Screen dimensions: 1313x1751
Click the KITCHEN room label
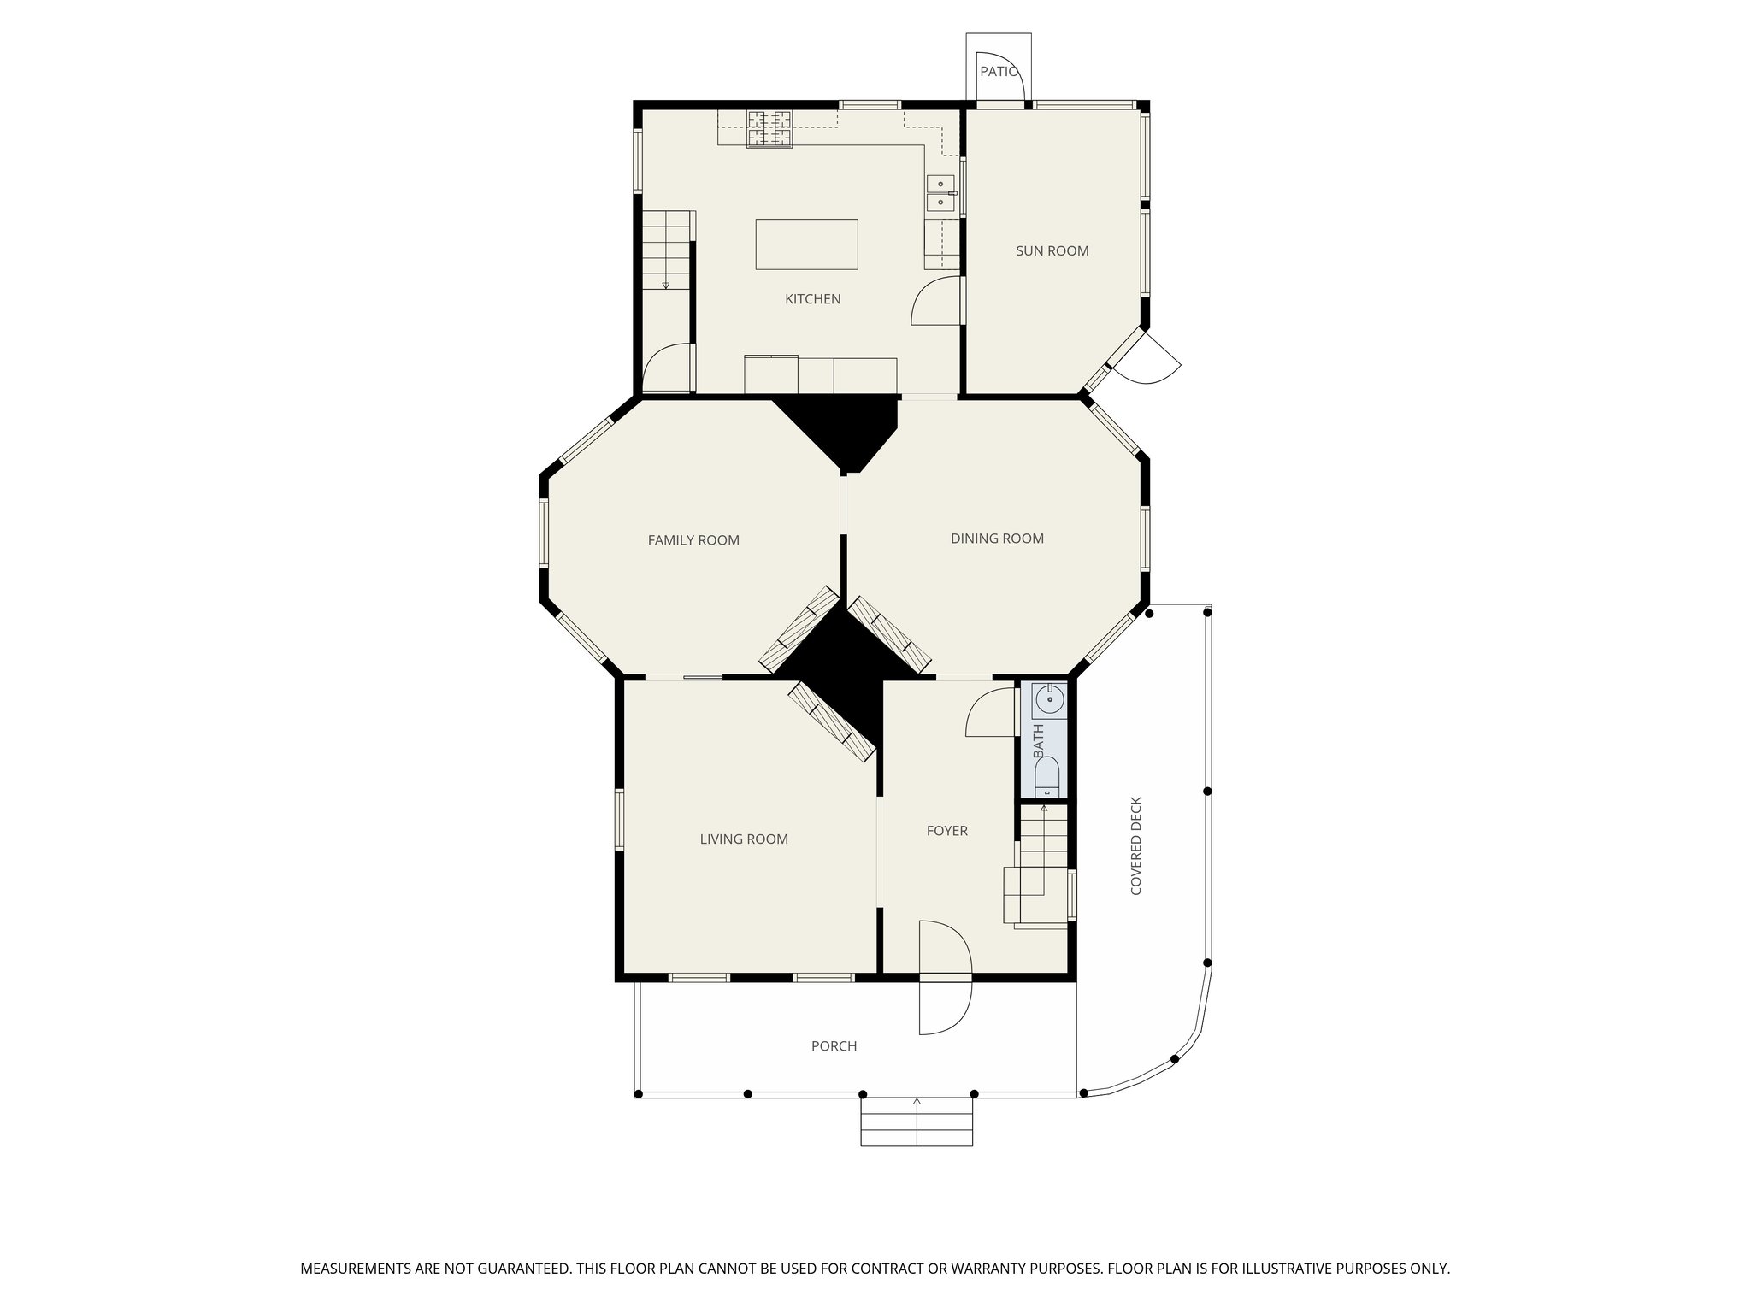pyautogui.click(x=812, y=299)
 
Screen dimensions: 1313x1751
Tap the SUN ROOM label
pyautogui.click(x=1052, y=250)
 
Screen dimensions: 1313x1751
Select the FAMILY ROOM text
pyautogui.click(x=693, y=540)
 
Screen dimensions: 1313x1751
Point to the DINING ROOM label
pyautogui.click(x=997, y=539)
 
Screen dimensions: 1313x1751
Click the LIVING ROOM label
pyautogui.click(x=744, y=839)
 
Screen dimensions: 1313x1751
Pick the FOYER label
pyautogui.click(x=947, y=831)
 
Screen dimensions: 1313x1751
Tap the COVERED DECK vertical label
pyautogui.click(x=1136, y=846)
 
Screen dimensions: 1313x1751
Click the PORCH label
pyautogui.click(x=834, y=1046)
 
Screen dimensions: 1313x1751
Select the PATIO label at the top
pyautogui.click(x=998, y=72)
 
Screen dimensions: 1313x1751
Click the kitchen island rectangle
pyautogui.click(x=806, y=244)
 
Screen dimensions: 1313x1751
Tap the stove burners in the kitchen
pyautogui.click(x=769, y=128)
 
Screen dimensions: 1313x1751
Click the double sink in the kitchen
pyautogui.click(x=941, y=193)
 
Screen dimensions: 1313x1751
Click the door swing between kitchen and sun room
pyautogui.click(x=937, y=301)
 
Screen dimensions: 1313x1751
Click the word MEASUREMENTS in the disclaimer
pyautogui.click(x=354, y=1269)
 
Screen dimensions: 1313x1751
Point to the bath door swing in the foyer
pyautogui.click(x=990, y=713)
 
